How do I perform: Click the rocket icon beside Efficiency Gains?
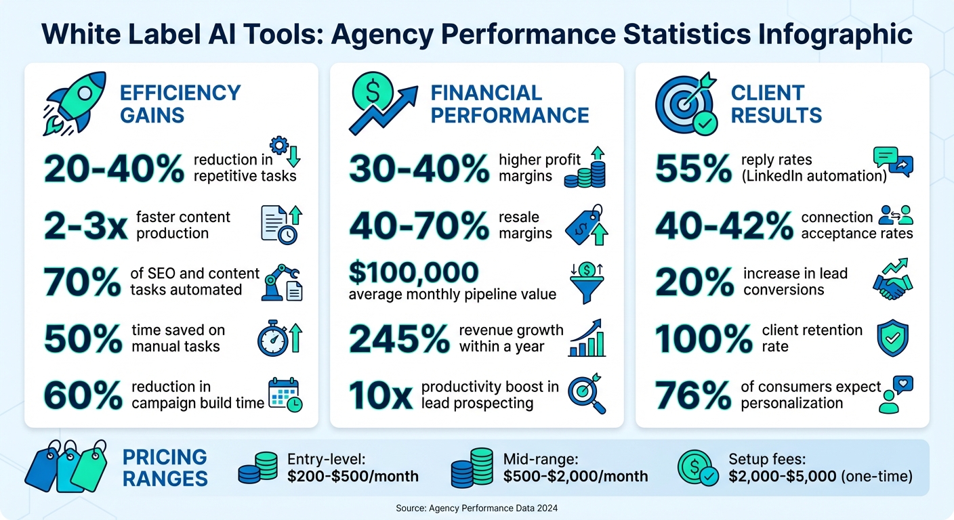click(x=68, y=104)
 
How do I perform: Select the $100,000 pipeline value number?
click(x=413, y=272)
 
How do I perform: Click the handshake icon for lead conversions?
click(x=892, y=280)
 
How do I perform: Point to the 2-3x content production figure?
click(x=85, y=226)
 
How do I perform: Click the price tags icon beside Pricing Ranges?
click(x=66, y=466)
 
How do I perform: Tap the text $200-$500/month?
click(x=352, y=476)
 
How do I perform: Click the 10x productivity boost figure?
click(x=380, y=395)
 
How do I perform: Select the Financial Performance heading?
click(x=510, y=104)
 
